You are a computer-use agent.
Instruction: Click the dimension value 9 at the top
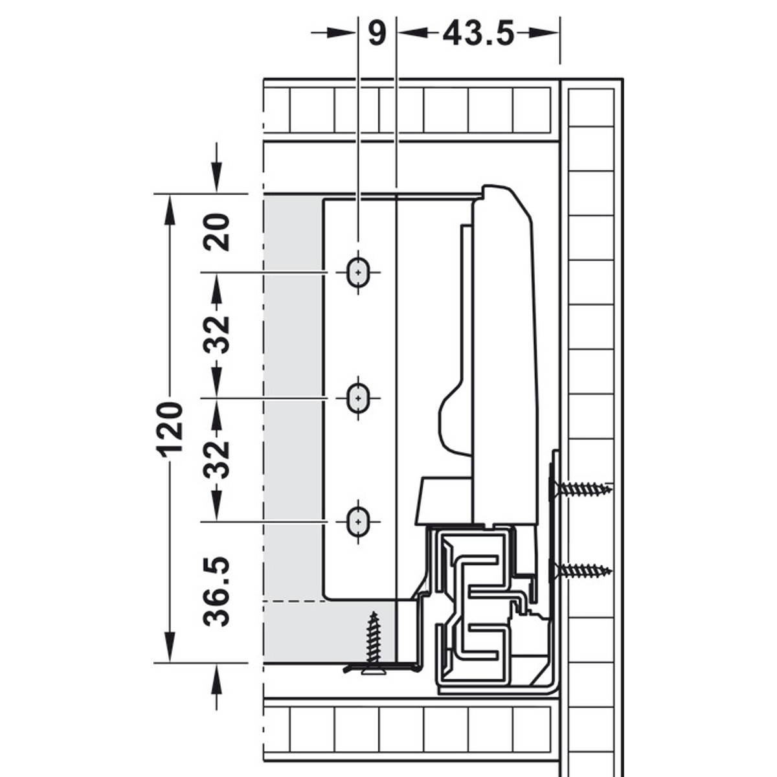point(377,34)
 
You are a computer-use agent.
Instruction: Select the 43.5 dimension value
point(479,34)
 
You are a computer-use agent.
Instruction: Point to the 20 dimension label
point(216,232)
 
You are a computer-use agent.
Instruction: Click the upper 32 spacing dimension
point(216,335)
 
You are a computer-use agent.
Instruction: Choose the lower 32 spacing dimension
point(216,459)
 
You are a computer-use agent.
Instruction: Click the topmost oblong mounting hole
point(358,273)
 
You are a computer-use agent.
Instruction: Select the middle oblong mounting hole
point(358,398)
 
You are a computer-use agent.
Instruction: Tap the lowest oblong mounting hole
point(358,522)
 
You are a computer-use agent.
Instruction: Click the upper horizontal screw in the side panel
point(581,490)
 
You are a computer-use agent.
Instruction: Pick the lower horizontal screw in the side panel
point(581,571)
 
